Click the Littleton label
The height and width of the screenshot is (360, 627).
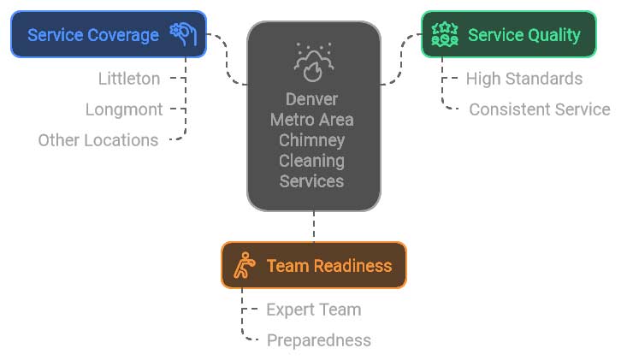(129, 79)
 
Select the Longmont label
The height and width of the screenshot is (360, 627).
(124, 109)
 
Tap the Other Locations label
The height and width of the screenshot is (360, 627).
(98, 140)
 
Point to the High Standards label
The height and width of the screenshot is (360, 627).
(524, 80)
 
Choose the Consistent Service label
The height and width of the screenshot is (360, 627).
(540, 109)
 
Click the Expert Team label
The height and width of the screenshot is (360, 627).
(314, 310)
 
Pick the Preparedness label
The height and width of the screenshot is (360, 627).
(319, 340)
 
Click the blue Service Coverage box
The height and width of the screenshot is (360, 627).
(109, 34)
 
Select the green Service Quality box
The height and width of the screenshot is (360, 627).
(509, 34)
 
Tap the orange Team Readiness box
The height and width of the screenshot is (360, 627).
(314, 265)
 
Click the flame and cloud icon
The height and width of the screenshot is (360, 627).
(314, 62)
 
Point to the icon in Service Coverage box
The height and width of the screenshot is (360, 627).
(183, 34)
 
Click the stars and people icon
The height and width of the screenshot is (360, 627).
(445, 35)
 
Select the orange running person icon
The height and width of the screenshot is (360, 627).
(245, 265)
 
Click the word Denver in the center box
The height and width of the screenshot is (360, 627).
(312, 99)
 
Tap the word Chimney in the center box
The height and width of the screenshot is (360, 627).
(312, 140)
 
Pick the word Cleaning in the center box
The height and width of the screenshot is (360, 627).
(312, 161)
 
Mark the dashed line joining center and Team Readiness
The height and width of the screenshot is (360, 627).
(314, 226)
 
